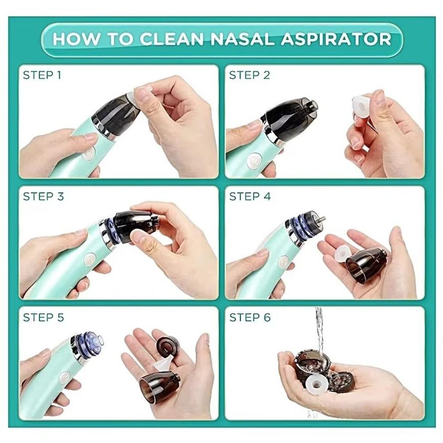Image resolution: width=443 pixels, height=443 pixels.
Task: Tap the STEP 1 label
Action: click(42, 75)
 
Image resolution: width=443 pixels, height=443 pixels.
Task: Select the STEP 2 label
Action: click(249, 75)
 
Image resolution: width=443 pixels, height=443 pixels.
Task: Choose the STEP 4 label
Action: click(250, 196)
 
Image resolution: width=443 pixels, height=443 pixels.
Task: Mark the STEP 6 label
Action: click(250, 317)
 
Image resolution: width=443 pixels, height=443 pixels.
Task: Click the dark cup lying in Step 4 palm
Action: click(364, 266)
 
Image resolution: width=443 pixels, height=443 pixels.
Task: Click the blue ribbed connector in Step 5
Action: click(89, 344)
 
